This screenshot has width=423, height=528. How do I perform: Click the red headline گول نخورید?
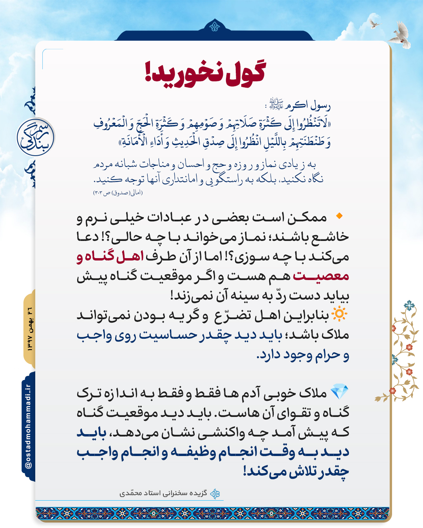pos(205,72)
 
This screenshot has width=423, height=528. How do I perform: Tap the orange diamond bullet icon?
pos(339,216)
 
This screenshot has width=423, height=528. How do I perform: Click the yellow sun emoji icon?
pos(339,314)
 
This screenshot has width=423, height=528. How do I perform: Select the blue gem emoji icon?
pos(339,392)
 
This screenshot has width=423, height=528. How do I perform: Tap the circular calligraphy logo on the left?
pos(36,137)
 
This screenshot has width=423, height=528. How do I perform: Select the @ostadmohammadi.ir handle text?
pos(28,427)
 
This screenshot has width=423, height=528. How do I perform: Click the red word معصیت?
pos(321,276)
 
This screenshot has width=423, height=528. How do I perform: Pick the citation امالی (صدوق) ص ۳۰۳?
pos(118,192)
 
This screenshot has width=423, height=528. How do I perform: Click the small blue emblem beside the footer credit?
pos(215,494)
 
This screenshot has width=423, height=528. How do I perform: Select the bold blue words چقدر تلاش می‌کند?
pos(296,472)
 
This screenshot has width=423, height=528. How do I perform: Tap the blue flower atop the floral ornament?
pos(409,305)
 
